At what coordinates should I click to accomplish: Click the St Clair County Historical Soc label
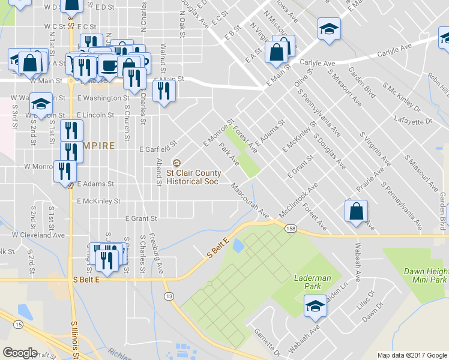[194, 177]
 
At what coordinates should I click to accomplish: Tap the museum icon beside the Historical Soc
[176, 163]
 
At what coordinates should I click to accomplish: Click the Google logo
[20, 353]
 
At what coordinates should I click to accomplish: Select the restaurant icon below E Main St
[163, 90]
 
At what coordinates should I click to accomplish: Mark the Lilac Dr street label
[365, 299]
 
